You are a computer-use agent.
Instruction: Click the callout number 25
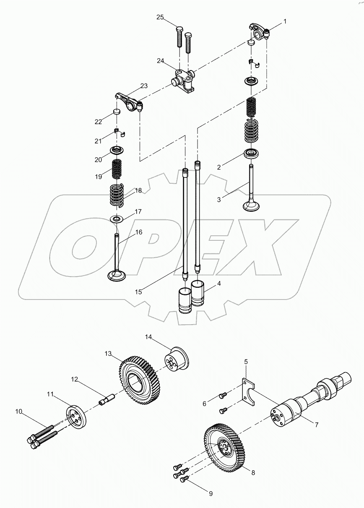160,17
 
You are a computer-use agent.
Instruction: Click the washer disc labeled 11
76,417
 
